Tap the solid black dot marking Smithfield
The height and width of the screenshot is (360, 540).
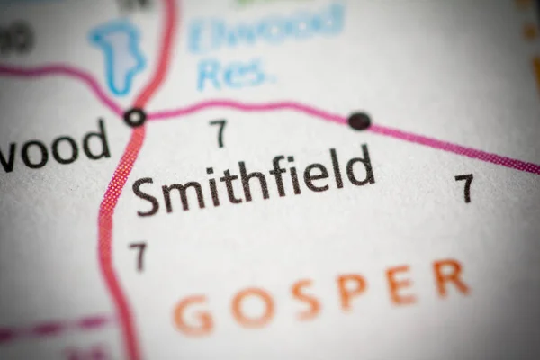pos(359,121)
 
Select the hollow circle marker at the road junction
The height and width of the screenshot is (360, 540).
pos(135,116)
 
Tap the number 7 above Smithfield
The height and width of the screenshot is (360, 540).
pos(218,133)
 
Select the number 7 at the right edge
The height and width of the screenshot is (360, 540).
pos(463,187)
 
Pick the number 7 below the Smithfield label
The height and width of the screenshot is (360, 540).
pos(137,256)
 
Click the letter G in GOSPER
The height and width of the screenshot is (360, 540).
pos(193,315)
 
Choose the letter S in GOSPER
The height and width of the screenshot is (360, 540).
pos(305,299)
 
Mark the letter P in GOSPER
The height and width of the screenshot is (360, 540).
pos(351,291)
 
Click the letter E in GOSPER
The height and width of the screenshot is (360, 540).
pos(400,284)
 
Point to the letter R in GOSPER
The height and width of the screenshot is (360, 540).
pos(449,277)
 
